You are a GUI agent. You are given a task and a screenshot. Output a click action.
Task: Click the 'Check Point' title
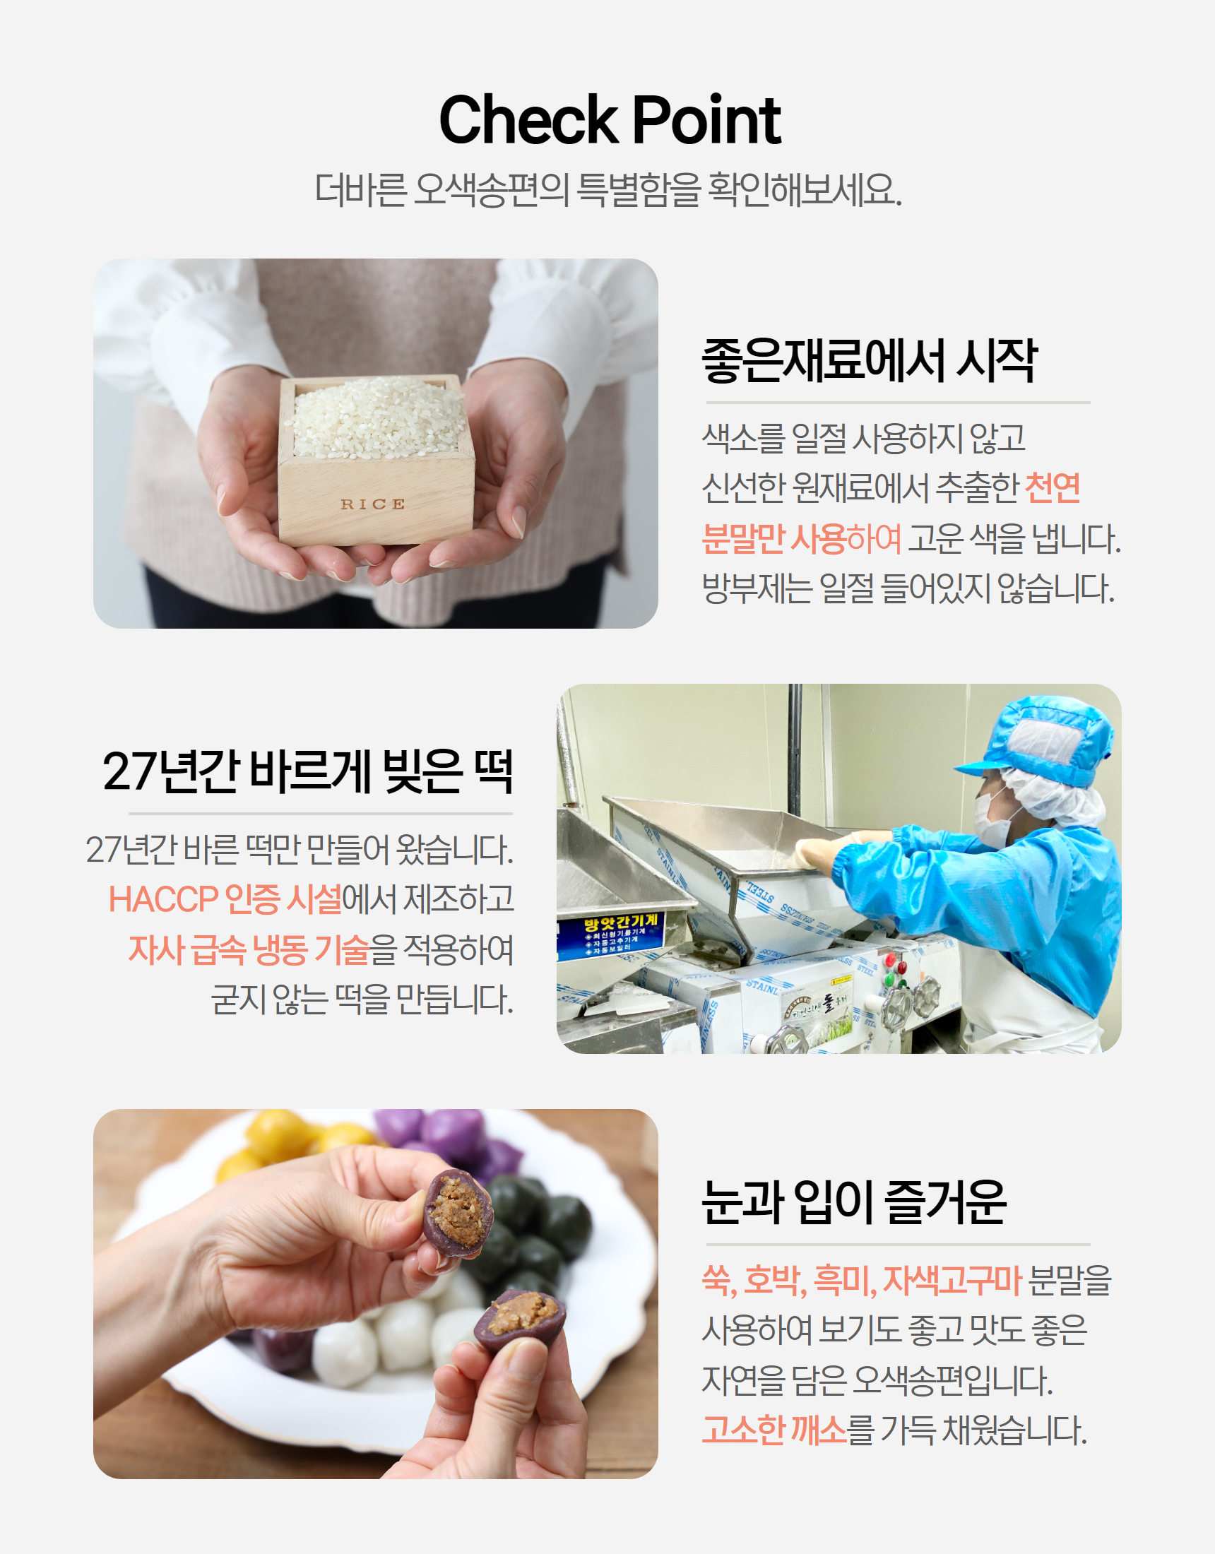click(x=610, y=119)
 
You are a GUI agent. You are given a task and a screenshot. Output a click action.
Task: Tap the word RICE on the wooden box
click(x=372, y=504)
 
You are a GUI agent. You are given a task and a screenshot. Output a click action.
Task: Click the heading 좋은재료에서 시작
click(x=869, y=360)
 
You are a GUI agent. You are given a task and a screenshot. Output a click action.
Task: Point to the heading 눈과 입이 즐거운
click(x=853, y=1202)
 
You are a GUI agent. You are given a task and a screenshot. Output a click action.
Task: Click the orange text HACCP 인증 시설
click(x=225, y=899)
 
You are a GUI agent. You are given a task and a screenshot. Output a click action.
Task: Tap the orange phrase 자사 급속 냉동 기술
click(x=249, y=950)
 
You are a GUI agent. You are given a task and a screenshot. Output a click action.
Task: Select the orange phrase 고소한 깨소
click(x=774, y=1430)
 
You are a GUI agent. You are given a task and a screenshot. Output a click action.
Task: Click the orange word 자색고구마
click(x=952, y=1280)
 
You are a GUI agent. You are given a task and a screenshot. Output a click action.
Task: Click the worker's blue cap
click(x=1036, y=740)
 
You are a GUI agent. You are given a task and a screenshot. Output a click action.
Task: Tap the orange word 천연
click(x=1052, y=488)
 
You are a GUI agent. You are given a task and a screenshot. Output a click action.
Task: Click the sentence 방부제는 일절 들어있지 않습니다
click(x=908, y=588)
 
